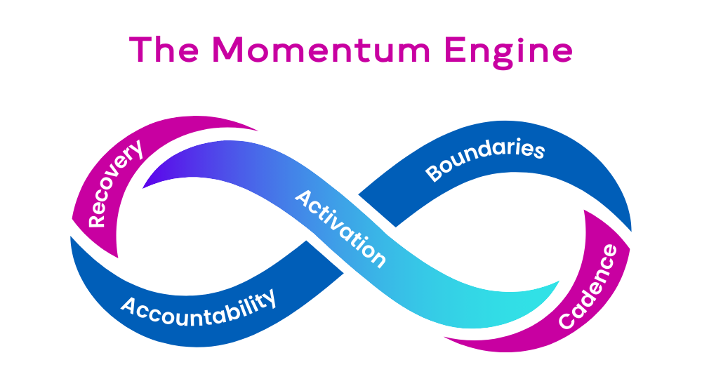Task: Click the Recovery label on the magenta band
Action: [115, 184]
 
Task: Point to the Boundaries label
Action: [485, 161]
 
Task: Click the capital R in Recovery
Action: [97, 219]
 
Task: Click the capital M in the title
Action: [235, 50]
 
